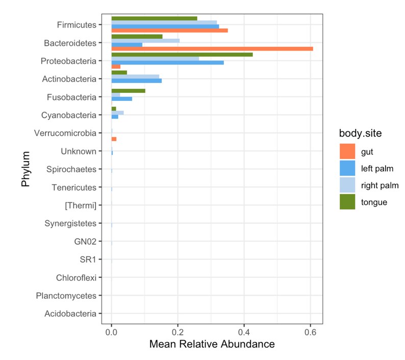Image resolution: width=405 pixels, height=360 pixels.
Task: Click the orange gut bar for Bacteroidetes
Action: coord(212,48)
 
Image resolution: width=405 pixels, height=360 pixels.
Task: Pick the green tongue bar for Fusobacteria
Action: coord(128,90)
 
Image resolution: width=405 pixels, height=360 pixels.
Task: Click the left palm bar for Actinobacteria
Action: coord(136,81)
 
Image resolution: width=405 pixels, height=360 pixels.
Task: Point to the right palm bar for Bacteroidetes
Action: coord(145,40)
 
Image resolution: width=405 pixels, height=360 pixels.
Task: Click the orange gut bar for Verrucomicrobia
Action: coord(114,139)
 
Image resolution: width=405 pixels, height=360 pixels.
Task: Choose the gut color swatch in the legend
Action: coord(347,151)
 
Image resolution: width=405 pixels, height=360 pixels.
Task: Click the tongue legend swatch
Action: coord(347,202)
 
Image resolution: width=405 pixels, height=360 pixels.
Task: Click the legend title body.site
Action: coord(363,133)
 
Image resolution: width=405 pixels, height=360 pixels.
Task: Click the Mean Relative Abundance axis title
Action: coord(212,345)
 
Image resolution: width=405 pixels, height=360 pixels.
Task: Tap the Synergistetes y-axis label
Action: coord(70,223)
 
